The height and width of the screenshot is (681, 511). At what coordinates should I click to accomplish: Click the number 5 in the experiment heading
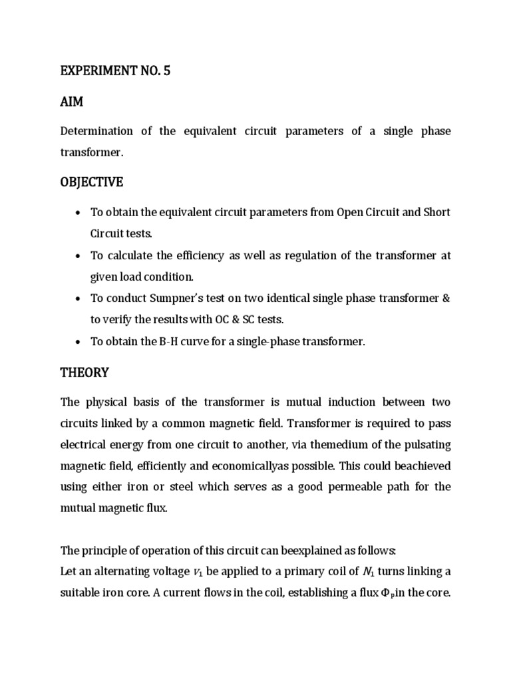(166, 71)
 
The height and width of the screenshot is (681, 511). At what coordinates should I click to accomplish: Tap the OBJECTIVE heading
(92, 182)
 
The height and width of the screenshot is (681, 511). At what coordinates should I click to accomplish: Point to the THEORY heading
(85, 372)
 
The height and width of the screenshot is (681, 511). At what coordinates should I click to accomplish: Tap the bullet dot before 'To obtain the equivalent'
(79, 213)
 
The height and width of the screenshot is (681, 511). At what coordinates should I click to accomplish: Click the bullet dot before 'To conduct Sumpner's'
(79, 299)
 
